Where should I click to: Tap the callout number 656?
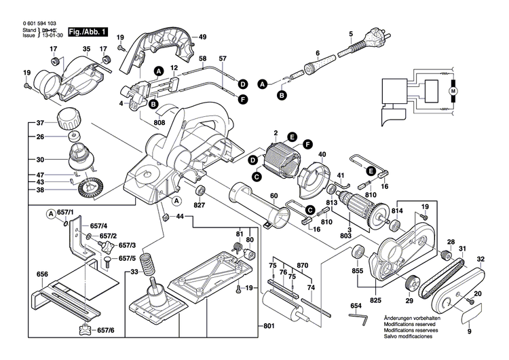pos(43,275)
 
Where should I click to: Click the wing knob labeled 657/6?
pos(86,331)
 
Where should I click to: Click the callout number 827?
pos(199,204)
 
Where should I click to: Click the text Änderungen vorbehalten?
pos(411,318)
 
